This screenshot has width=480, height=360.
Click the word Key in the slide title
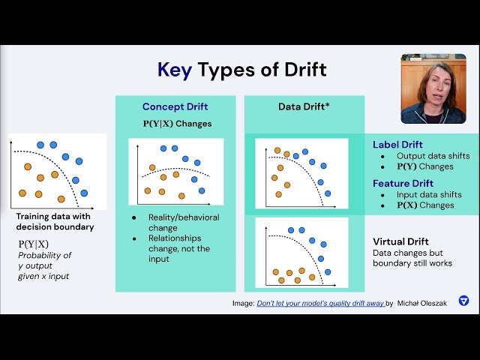click(174, 70)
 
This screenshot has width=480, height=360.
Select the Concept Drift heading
click(176, 106)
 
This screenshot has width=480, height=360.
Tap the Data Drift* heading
click(304, 106)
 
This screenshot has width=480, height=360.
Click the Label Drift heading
click(397, 145)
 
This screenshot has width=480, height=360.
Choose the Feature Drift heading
click(403, 183)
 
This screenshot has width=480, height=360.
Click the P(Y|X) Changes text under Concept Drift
click(176, 124)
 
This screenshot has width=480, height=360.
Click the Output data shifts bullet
click(430, 155)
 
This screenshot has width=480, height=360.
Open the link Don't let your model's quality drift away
click(320, 303)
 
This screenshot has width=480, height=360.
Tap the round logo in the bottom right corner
click(463, 301)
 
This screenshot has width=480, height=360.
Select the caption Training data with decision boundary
click(55, 222)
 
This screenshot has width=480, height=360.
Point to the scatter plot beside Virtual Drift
click(301, 253)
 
